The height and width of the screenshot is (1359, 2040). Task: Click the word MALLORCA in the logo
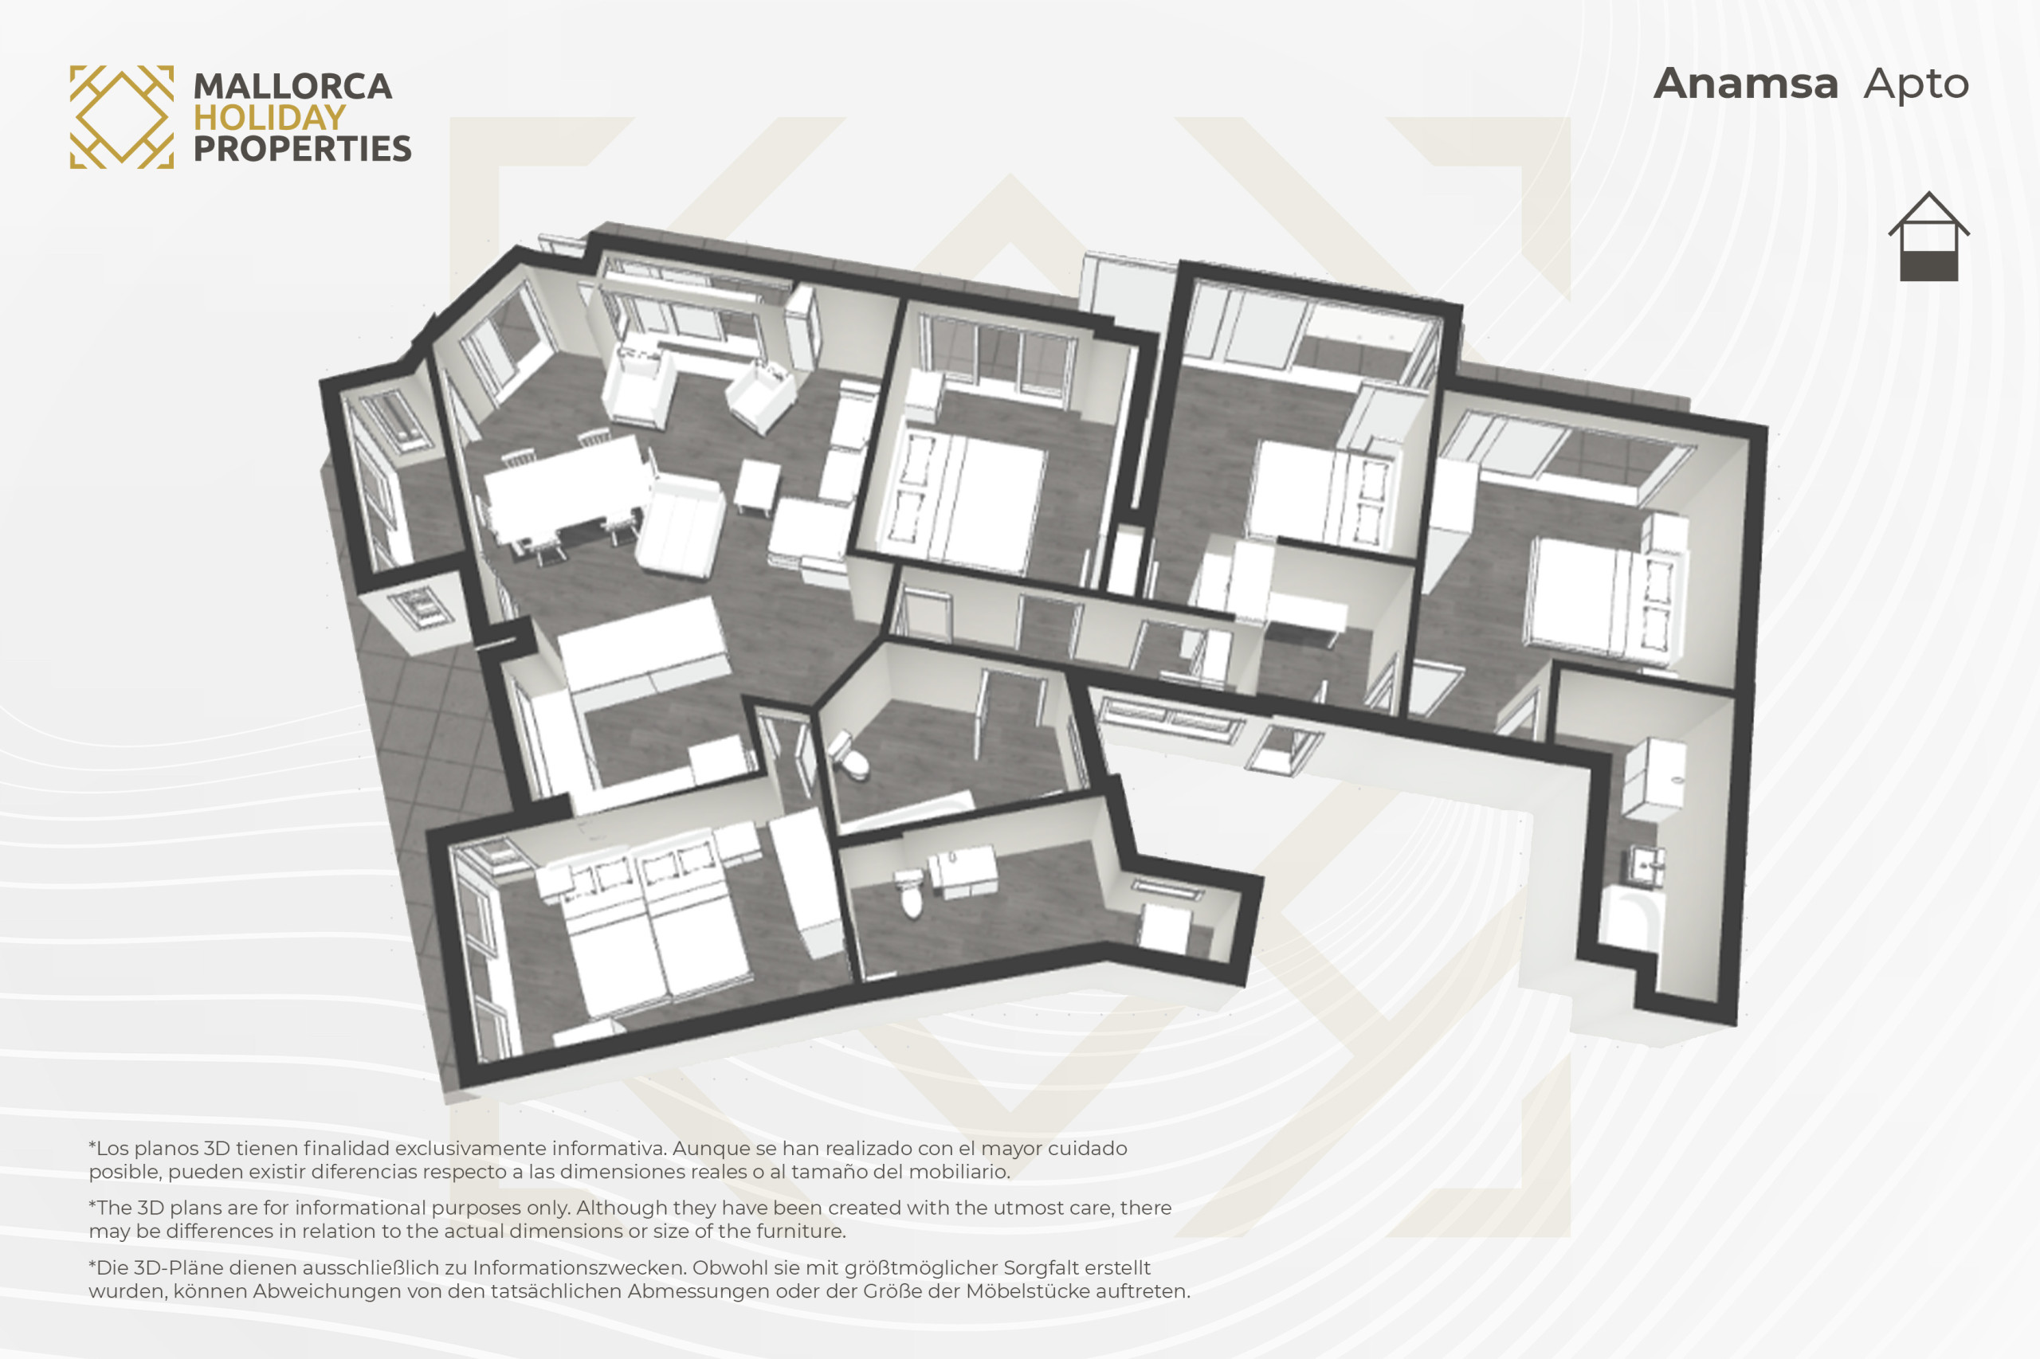pos(292,87)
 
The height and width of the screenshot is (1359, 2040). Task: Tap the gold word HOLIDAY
pos(269,118)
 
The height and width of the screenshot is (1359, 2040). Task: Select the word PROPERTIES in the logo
pos(302,149)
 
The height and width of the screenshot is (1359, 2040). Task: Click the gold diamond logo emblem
pos(121,117)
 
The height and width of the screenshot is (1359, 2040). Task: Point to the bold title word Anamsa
pos(1745,84)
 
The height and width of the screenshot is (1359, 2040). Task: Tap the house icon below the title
pos(1929,236)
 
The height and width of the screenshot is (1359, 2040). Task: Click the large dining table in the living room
pos(565,486)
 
